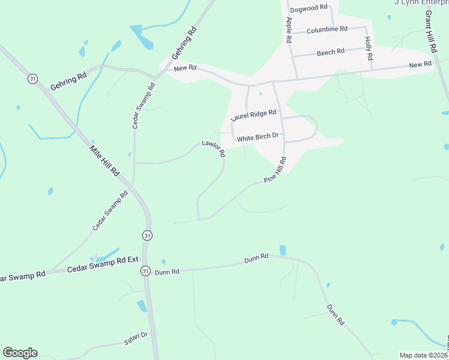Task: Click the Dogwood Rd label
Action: click(x=308, y=8)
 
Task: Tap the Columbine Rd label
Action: click(x=327, y=29)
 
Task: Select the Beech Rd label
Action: click(x=331, y=52)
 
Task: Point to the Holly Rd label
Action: click(x=369, y=49)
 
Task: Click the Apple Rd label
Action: click(x=289, y=29)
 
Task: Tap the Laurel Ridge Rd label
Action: click(x=253, y=115)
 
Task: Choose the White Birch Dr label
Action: click(x=258, y=137)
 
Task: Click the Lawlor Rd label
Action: click(x=214, y=148)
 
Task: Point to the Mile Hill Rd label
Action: click(x=105, y=160)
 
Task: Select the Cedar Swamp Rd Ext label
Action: click(x=103, y=268)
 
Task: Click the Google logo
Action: click(x=20, y=353)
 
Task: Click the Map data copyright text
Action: click(x=424, y=355)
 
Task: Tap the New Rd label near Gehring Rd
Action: click(x=185, y=69)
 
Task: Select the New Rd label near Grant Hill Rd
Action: click(x=420, y=64)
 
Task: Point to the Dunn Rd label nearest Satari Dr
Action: click(x=167, y=272)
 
